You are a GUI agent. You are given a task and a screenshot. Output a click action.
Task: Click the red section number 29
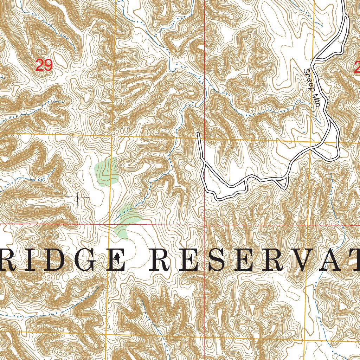click(x=44, y=65)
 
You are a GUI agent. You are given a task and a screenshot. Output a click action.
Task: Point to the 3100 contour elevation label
click(x=257, y=111)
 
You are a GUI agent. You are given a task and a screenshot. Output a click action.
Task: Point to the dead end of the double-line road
click(x=198, y=133)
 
